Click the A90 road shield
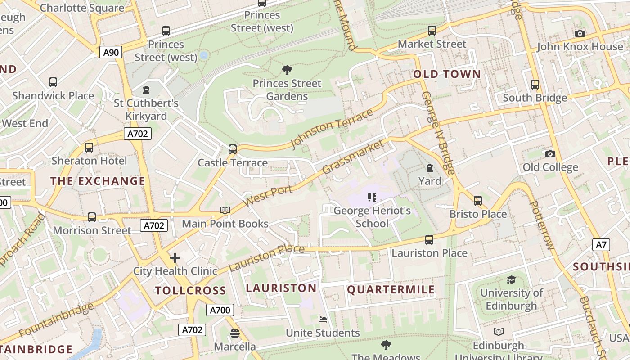tap(111, 53)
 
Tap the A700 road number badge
tap(220, 310)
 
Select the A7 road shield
tap(601, 245)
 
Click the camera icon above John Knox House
tap(580, 33)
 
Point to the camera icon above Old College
tap(550, 154)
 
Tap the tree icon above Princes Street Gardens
tap(287, 70)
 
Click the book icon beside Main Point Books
tap(225, 210)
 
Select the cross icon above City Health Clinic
tap(175, 258)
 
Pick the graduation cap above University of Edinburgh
tap(511, 279)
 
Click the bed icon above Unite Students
tap(323, 319)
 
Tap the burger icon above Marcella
tap(234, 333)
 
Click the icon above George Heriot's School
tap(372, 197)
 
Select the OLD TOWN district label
tap(447, 74)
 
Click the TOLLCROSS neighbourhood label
tap(191, 290)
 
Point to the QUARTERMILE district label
tap(391, 289)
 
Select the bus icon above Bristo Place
tap(477, 200)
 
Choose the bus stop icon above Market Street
tap(432, 31)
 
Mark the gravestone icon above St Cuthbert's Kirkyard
tap(146, 90)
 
